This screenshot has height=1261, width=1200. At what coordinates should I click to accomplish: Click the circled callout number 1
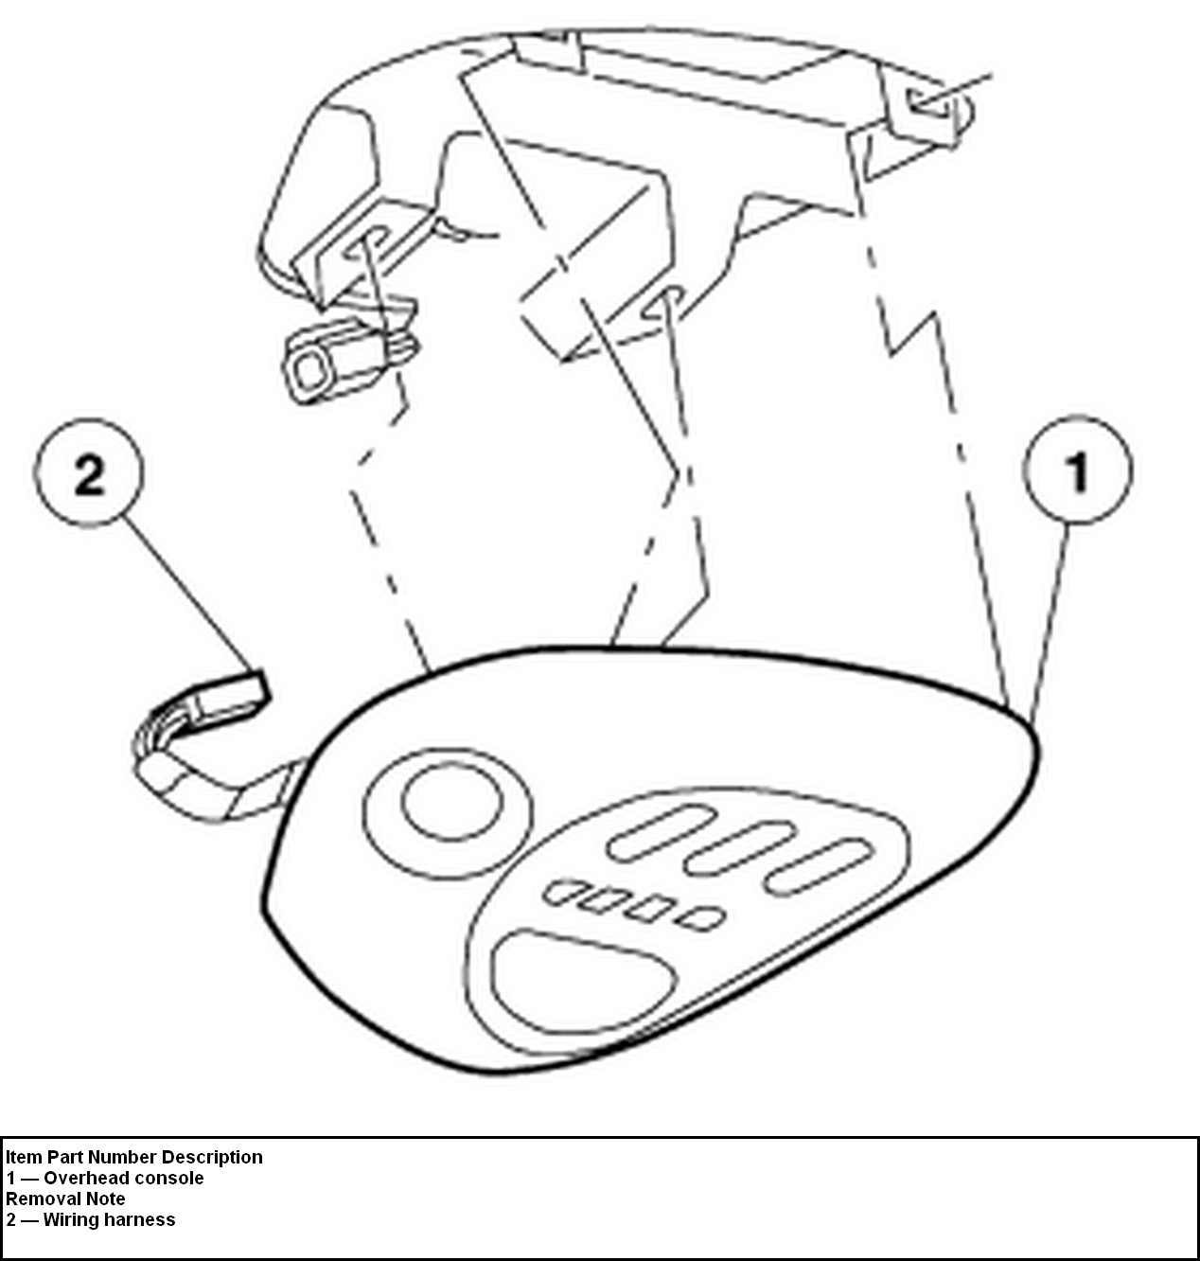pyautogui.click(x=1077, y=470)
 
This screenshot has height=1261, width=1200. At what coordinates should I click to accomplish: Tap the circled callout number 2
pyautogui.click(x=89, y=472)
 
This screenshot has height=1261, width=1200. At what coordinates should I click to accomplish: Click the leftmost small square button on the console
pyautogui.click(x=565, y=892)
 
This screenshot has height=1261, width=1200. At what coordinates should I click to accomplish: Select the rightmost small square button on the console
pyautogui.click(x=704, y=916)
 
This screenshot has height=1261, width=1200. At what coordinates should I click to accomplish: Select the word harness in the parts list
pyautogui.click(x=142, y=1220)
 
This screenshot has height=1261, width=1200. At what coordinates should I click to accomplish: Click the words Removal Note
pyautogui.click(x=65, y=1199)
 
